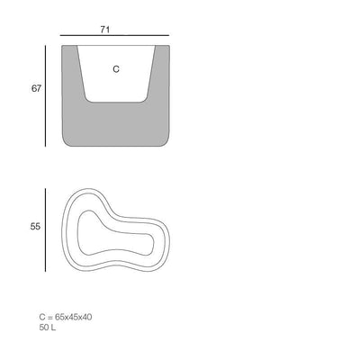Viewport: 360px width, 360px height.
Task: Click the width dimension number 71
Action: [105, 30]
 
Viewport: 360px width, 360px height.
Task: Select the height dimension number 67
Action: [36, 88]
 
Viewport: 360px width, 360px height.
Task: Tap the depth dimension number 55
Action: [35, 227]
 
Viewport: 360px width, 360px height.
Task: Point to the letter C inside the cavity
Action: [116, 69]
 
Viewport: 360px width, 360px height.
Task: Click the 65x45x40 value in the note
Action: [74, 317]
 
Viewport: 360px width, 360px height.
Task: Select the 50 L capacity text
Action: [48, 328]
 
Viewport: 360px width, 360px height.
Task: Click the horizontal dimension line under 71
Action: [114, 35]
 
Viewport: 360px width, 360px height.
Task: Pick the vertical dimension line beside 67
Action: [45, 96]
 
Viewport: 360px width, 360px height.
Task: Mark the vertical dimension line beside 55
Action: [45, 230]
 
